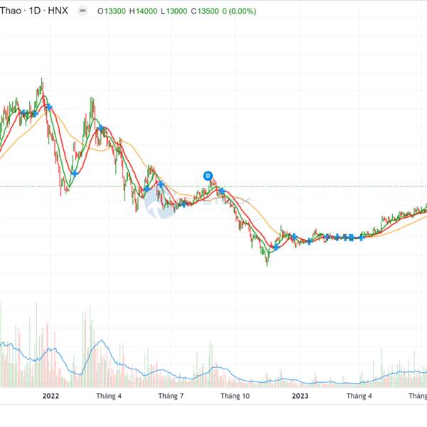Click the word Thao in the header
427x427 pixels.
point(11,11)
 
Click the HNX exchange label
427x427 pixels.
point(58,11)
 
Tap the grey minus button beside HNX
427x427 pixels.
point(84,11)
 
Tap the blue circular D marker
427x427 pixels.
point(208,175)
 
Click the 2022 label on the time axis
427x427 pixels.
point(51,396)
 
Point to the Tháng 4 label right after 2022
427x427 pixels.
point(110,396)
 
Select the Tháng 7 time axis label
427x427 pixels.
point(171,396)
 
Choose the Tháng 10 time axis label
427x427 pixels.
point(235,396)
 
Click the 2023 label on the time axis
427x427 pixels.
point(300,396)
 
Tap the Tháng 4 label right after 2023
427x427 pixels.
point(359,396)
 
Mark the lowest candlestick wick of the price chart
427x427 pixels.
point(267,265)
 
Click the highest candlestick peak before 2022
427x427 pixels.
point(42,79)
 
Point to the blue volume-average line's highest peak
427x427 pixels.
point(102,341)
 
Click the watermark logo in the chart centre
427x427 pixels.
point(156,204)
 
